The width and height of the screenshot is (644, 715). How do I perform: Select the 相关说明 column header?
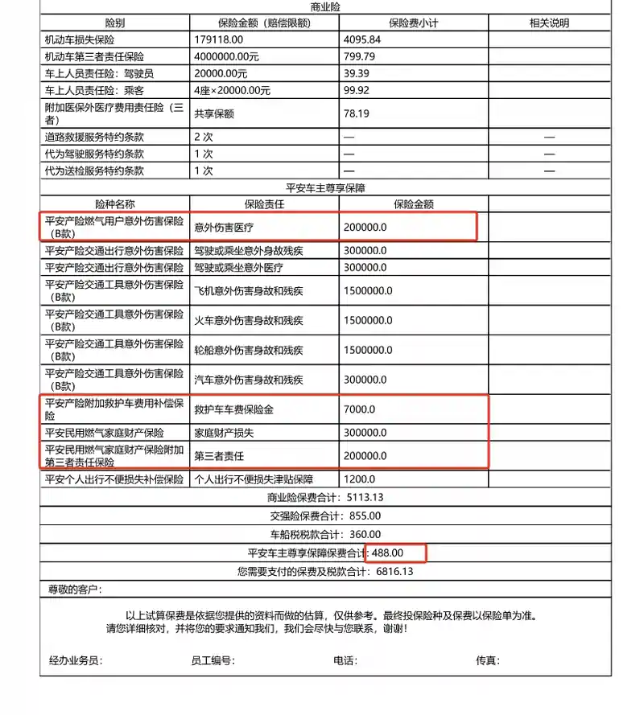(x=549, y=23)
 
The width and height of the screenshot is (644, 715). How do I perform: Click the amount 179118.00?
(x=218, y=39)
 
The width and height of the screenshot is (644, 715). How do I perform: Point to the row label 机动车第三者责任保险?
(x=94, y=56)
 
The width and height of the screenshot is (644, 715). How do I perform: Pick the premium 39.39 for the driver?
(x=356, y=73)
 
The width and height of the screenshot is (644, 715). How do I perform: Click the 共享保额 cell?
(x=213, y=114)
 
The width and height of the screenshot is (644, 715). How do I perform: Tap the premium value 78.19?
(x=356, y=114)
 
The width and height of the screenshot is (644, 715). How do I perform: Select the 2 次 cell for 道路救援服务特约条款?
(x=203, y=137)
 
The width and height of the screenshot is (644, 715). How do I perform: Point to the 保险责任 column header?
(x=264, y=204)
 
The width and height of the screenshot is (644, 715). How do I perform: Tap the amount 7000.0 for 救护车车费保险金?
(x=359, y=409)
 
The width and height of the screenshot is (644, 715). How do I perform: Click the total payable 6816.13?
(x=394, y=571)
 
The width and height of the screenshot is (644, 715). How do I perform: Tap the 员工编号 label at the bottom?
(x=213, y=660)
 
